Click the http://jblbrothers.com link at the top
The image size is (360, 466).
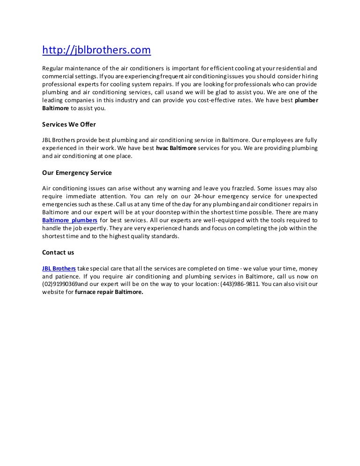pyautogui.click(x=97, y=50)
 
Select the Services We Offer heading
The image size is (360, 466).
pyautogui.click(x=69, y=124)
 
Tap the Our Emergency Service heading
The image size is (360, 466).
pyautogui.click(x=77, y=173)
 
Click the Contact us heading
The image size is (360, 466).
pyautogui.click(x=58, y=252)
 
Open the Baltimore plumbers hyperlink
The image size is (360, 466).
pyautogui.click(x=70, y=220)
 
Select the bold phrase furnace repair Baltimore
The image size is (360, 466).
pyautogui.click(x=113, y=292)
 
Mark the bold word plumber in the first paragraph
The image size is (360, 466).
pyautogui.click(x=306, y=100)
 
